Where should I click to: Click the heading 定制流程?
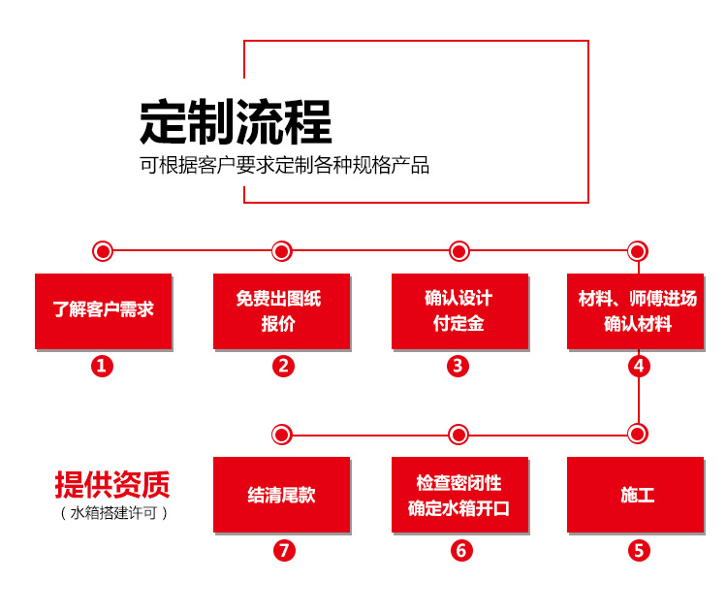(x=236, y=122)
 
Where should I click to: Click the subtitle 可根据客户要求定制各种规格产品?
(x=284, y=165)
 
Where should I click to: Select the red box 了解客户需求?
(x=103, y=310)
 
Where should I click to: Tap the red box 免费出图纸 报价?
(x=281, y=310)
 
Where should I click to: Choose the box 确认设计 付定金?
(x=459, y=310)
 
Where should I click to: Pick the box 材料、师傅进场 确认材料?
(x=637, y=310)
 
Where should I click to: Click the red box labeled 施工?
(x=637, y=495)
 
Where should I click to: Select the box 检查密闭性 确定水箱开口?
(x=459, y=495)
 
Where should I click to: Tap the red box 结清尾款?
(x=281, y=495)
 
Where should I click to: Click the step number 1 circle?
(x=103, y=366)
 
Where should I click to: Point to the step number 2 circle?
(x=282, y=366)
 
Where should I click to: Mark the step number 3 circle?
(x=459, y=366)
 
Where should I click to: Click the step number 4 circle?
(x=638, y=366)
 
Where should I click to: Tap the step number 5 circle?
(x=638, y=550)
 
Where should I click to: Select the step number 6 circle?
(x=460, y=550)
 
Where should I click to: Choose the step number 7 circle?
(x=282, y=550)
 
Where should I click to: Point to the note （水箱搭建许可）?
(x=113, y=512)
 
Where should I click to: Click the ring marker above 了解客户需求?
(x=103, y=251)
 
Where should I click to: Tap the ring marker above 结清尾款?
(x=281, y=434)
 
